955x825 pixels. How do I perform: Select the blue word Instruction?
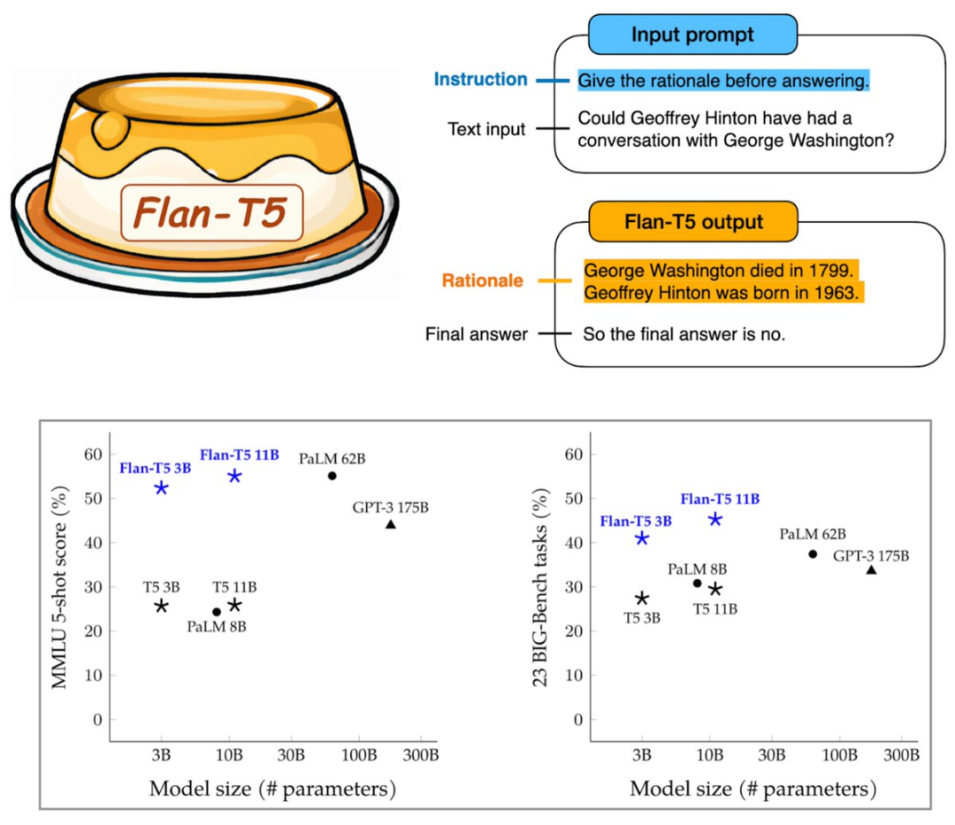tap(480, 80)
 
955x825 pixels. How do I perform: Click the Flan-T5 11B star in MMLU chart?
tap(235, 476)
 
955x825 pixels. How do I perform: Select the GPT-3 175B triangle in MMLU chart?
tap(391, 524)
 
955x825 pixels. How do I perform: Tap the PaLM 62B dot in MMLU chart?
tap(332, 476)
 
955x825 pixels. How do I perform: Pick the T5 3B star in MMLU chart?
tap(161, 606)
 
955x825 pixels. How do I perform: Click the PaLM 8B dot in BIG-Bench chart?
tap(697, 583)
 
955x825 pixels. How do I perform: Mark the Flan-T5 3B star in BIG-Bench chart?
tap(642, 539)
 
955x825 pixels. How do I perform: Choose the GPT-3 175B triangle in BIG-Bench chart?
tap(871, 569)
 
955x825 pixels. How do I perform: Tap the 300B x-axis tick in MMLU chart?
tap(420, 756)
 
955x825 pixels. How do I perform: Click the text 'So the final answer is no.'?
tap(684, 334)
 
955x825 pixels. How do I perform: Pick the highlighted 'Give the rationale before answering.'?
tap(724, 80)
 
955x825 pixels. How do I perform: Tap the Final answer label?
tap(476, 334)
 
